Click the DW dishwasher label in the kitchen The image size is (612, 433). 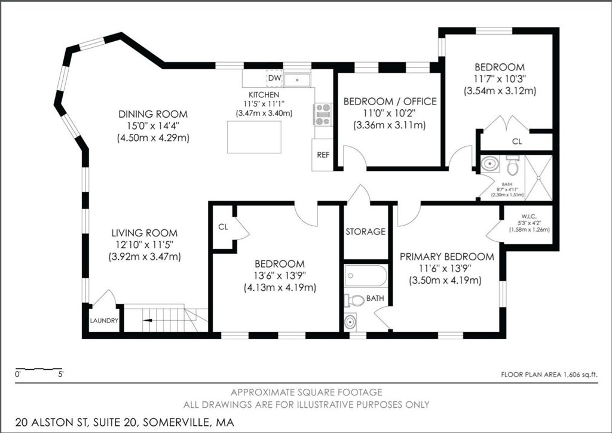[x=274, y=78]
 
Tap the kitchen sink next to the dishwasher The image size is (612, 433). [x=296, y=79]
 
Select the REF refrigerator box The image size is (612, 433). [x=323, y=155]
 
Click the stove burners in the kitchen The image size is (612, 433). [x=323, y=113]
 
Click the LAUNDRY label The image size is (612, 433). [x=104, y=321]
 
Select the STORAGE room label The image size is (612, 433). [x=365, y=232]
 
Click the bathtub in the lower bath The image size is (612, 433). [x=365, y=277]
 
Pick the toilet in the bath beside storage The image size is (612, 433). [x=356, y=300]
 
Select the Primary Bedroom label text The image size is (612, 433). [x=446, y=257]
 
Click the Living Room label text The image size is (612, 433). [x=144, y=233]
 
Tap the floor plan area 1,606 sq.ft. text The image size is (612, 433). [x=549, y=374]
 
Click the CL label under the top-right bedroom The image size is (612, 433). [x=516, y=142]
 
